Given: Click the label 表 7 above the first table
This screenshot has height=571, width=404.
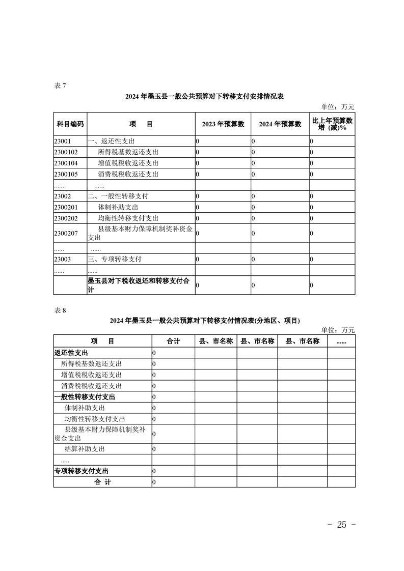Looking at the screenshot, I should pos(60,85).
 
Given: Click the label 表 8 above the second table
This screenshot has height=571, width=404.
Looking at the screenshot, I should pos(60,310).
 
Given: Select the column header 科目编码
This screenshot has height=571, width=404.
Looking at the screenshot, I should pos(70,124).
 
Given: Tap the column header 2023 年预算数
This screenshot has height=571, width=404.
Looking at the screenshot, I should pos(223,124).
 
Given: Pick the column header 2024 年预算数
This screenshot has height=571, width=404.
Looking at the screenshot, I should pos(280,124).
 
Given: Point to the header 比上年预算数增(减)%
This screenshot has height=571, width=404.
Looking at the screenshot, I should pos(332,124).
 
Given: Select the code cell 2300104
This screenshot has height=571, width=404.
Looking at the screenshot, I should pos(66,163).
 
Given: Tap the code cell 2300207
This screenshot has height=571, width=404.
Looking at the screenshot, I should pos(66,233).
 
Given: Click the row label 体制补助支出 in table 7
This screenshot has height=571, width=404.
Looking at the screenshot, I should pos(118,207).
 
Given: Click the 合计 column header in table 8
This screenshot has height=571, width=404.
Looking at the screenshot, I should pos(173,341).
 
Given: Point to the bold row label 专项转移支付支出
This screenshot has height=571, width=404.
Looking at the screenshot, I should pos(81,471).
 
